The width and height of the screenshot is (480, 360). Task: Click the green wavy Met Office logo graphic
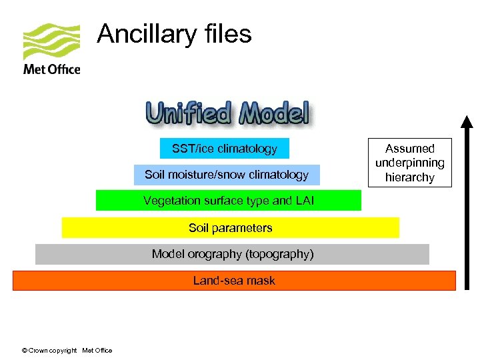click(x=51, y=41)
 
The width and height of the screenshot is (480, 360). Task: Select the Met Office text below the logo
click(x=51, y=69)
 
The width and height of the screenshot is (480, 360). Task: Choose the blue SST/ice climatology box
click(x=225, y=148)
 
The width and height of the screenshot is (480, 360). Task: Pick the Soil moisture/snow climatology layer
click(x=227, y=175)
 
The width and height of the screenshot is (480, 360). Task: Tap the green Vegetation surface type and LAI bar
click(x=228, y=201)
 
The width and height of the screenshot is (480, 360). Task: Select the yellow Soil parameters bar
click(x=230, y=227)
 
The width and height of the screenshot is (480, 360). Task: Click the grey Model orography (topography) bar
click(x=232, y=254)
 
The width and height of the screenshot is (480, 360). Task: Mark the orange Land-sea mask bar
click(x=234, y=281)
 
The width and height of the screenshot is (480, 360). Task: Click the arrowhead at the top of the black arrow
click(x=467, y=122)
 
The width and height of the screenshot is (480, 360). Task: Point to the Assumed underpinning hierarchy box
click(x=409, y=163)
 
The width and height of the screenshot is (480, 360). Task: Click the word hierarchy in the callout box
click(x=409, y=177)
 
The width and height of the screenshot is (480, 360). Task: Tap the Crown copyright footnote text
click(x=67, y=350)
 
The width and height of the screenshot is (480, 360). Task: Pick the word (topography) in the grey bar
click(x=279, y=254)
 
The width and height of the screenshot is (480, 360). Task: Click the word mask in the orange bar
click(x=261, y=281)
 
